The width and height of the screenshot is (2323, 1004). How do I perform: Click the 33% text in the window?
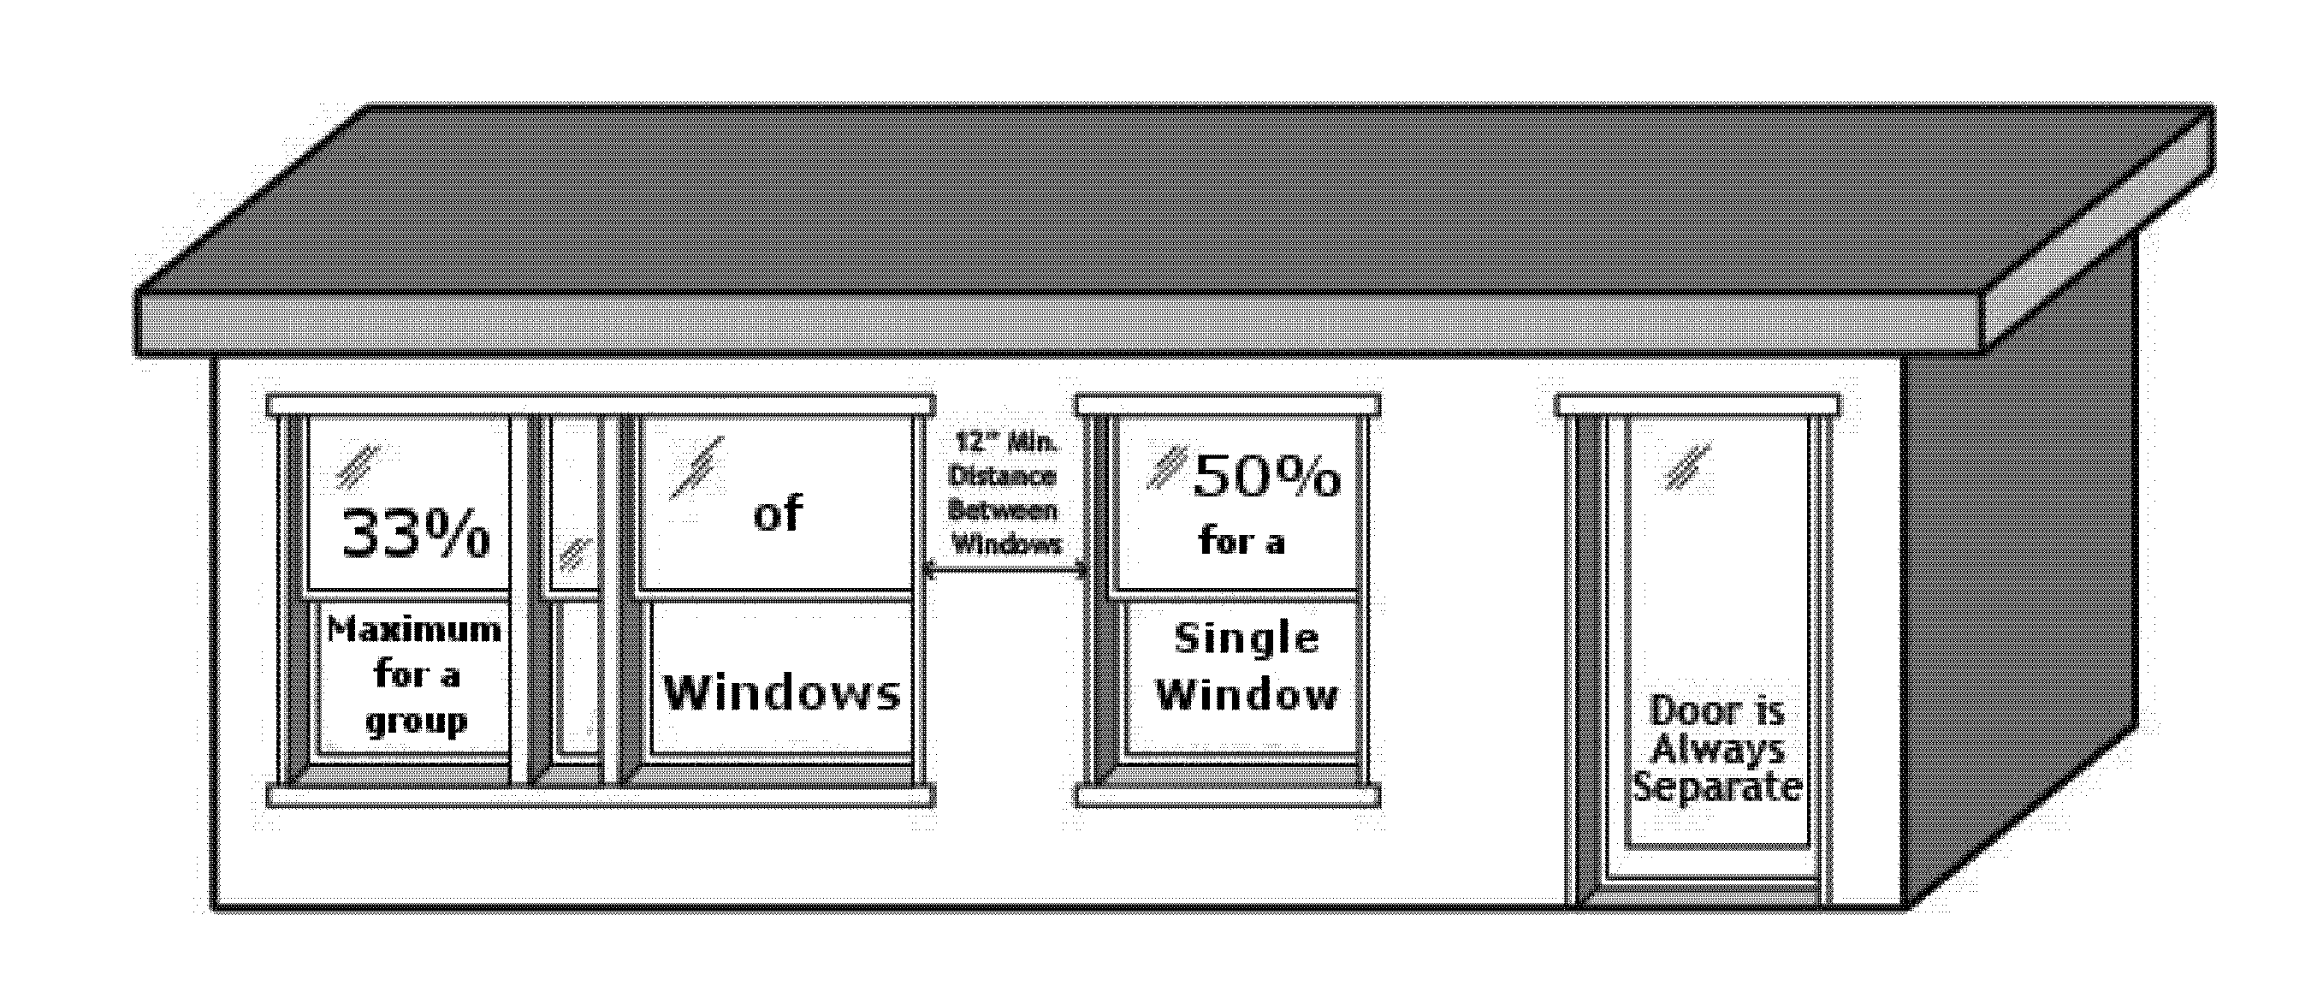click(x=416, y=535)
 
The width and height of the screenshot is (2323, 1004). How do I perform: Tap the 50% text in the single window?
click(x=1266, y=478)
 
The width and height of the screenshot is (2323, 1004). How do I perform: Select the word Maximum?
click(x=415, y=630)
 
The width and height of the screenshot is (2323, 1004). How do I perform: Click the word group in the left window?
click(x=416, y=722)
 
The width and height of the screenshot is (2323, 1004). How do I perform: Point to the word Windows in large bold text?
click(x=782, y=692)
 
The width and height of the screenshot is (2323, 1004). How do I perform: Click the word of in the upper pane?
click(x=778, y=514)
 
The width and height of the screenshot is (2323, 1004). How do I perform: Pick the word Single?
click(x=1247, y=639)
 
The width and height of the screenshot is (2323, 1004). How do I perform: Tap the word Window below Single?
click(x=1247, y=695)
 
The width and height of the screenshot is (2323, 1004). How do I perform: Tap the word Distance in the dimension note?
click(x=1002, y=476)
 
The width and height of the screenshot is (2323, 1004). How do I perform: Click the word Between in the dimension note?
click(x=1002, y=511)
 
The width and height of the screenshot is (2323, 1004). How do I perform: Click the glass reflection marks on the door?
click(x=1687, y=466)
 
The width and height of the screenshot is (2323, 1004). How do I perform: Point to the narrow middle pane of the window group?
click(x=574, y=586)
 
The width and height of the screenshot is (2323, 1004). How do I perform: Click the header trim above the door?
click(x=1698, y=404)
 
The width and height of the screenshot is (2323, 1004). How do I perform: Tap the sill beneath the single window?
click(x=1227, y=797)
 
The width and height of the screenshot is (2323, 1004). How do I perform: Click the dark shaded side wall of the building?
click(x=2020, y=578)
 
